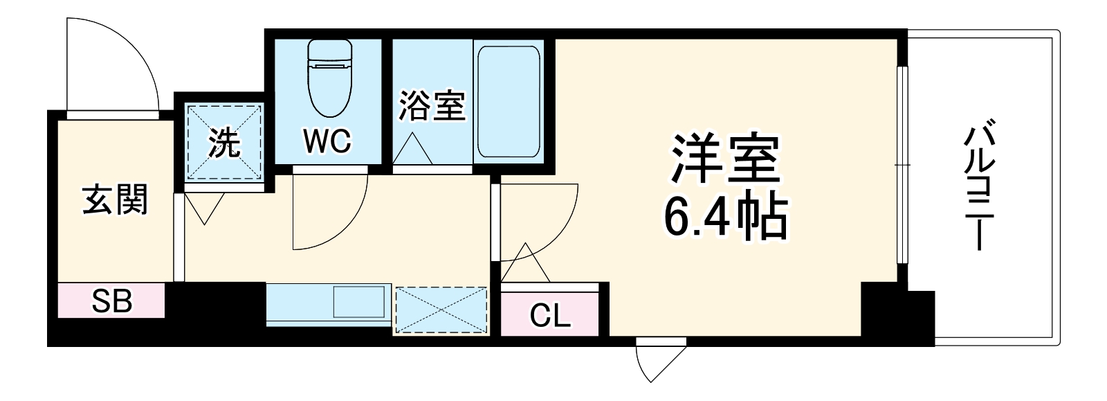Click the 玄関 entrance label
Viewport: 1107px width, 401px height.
[115, 201]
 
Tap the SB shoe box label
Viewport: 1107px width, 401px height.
[112, 301]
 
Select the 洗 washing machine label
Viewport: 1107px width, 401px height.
[224, 143]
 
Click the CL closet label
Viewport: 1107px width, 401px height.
[550, 316]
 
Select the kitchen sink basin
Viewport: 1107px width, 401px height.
[358, 302]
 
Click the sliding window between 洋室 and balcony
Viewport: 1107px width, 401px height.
[901, 165]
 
